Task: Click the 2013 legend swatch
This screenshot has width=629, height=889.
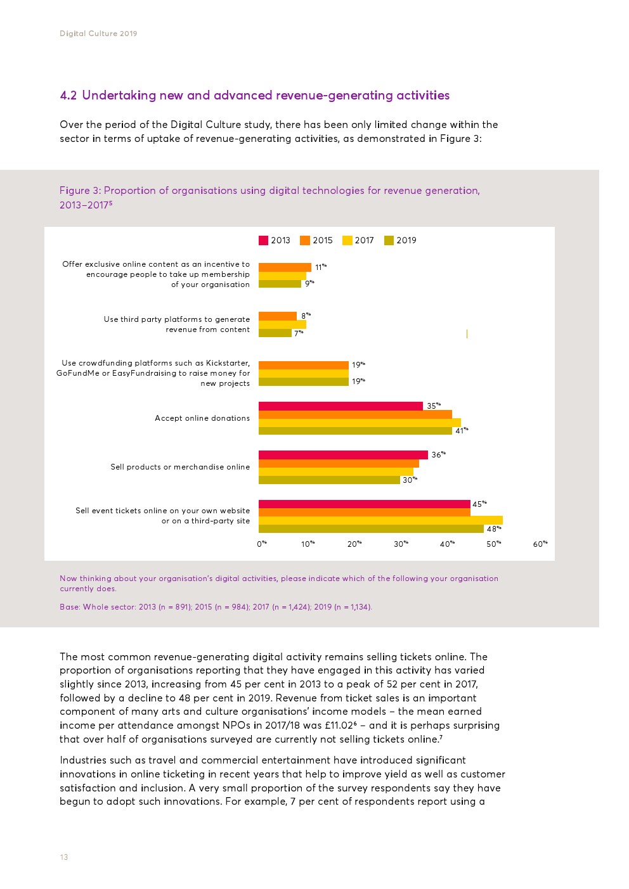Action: (263, 240)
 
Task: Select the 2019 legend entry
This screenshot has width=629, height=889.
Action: (400, 240)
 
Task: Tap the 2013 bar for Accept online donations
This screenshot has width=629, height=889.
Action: (340, 406)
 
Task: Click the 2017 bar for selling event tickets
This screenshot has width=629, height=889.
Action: (380, 520)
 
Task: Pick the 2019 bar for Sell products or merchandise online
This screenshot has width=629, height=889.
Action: (329, 480)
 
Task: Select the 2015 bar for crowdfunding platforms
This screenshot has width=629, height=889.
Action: (303, 365)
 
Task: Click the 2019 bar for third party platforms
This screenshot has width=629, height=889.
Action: (275, 333)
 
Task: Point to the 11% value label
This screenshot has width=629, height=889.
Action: (320, 267)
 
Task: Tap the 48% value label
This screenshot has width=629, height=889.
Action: (494, 528)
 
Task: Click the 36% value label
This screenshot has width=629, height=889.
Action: (438, 455)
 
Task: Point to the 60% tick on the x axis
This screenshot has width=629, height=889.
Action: (540, 544)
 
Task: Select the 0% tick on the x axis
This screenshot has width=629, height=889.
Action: (262, 544)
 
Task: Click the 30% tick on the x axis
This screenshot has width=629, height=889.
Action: (401, 544)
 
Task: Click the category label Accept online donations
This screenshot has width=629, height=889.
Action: (202, 418)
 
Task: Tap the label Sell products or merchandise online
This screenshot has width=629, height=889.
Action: (180, 467)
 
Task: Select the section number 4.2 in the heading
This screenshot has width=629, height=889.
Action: (68, 96)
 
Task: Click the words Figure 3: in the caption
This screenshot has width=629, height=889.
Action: (80, 191)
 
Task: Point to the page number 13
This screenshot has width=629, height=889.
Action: (64, 857)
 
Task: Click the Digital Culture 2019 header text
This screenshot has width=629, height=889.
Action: (98, 34)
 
